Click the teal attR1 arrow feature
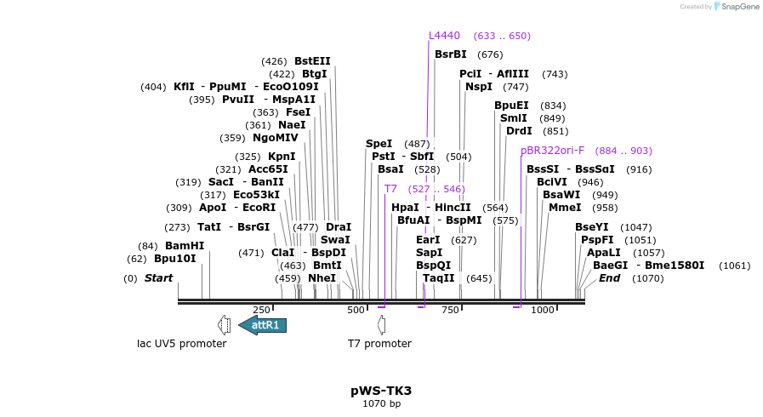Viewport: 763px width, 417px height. (263, 325)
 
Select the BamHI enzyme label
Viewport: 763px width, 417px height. (185, 246)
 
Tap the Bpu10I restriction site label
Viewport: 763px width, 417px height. (175, 259)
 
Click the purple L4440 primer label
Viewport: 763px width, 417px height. (444, 36)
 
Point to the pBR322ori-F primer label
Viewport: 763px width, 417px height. (552, 151)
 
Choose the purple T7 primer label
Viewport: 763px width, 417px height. (390, 189)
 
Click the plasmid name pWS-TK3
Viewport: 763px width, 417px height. (381, 391)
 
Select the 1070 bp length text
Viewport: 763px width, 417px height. (381, 403)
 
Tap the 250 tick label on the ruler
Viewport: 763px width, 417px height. (261, 311)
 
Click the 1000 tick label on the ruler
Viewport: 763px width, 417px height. (542, 311)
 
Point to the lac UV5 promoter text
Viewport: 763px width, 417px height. (182, 344)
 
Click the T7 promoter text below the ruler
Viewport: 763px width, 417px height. (379, 344)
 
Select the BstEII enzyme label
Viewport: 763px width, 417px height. (312, 61)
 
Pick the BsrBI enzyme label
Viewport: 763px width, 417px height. (451, 54)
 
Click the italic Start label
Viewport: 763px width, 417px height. (158, 278)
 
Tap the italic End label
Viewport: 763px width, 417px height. (609, 278)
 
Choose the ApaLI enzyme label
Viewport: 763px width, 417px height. (603, 253)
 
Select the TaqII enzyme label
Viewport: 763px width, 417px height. (439, 278)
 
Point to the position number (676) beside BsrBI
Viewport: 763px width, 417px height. (490, 54)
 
